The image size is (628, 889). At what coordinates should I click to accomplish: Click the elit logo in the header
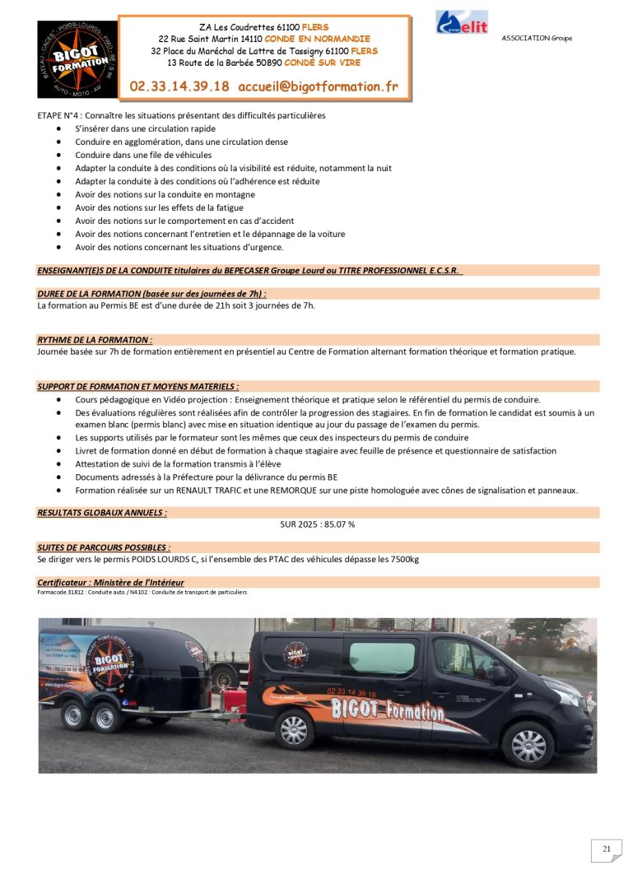click(462, 22)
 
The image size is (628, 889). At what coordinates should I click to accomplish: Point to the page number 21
click(607, 849)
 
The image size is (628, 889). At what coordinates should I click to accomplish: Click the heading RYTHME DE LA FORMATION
click(95, 339)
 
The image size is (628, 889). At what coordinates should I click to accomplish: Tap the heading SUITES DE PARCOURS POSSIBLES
click(104, 547)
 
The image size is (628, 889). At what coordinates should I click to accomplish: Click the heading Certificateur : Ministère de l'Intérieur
click(110, 583)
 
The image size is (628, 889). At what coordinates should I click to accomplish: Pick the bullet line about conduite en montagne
click(165, 194)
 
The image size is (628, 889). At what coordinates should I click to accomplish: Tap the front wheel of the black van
click(528, 744)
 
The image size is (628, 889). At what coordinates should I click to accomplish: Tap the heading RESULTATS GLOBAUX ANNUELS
click(102, 512)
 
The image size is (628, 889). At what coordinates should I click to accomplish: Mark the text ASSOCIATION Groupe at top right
click(537, 39)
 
